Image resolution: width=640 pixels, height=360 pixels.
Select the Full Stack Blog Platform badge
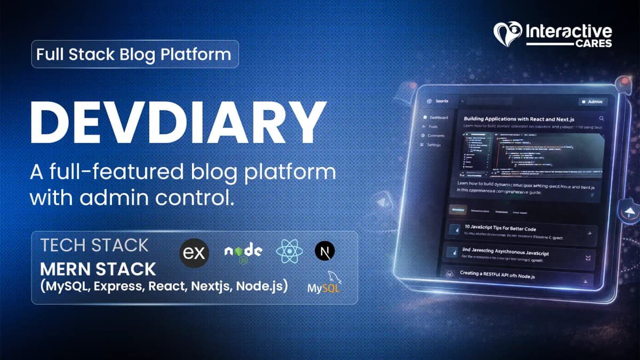click(135, 54)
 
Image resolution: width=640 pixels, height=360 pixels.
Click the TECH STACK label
click(94, 245)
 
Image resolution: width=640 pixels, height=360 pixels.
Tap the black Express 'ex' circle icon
click(194, 253)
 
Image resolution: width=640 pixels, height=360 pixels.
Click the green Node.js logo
click(243, 252)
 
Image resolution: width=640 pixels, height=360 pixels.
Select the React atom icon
click(290, 251)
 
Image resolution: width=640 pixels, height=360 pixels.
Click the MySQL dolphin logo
click(324, 283)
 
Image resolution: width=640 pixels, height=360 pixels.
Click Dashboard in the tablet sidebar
click(438, 117)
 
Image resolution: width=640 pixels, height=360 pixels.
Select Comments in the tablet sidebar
click(436, 135)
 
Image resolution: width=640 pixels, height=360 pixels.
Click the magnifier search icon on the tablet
click(602, 119)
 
